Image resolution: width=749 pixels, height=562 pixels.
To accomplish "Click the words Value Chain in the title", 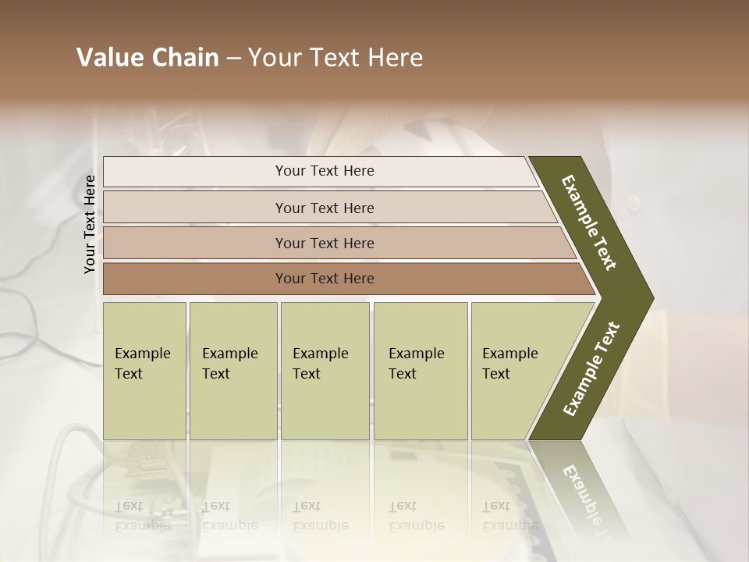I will [x=147, y=58].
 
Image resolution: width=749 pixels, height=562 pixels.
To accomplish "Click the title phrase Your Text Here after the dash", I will [x=335, y=58].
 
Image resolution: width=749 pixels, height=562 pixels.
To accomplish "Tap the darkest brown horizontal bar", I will [x=195, y=279].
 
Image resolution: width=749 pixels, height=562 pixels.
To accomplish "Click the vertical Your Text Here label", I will [x=90, y=224].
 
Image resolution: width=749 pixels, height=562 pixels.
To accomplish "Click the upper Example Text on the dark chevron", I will [x=589, y=222].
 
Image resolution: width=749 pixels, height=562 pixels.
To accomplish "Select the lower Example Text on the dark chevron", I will [x=591, y=368].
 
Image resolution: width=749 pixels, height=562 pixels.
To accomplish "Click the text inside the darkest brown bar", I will [x=325, y=279].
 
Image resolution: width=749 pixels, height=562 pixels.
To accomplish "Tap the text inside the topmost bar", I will [x=325, y=171].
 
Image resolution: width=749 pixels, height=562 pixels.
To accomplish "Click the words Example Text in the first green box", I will [x=142, y=364].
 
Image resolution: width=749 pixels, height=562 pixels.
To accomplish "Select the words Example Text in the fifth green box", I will [x=509, y=364].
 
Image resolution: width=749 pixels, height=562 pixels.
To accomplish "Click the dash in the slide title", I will [x=233, y=59].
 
